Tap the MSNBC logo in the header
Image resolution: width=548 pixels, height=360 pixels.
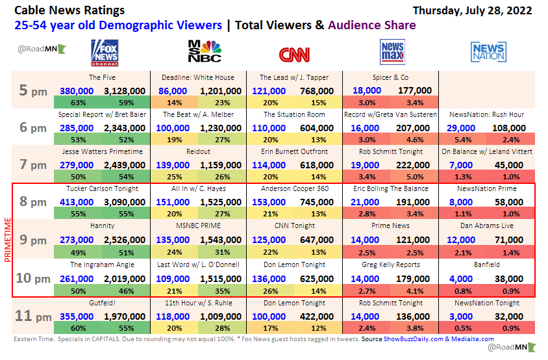pos(204,53)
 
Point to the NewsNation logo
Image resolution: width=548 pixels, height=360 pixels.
pos(488,52)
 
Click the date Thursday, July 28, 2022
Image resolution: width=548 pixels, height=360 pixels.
pos(472,10)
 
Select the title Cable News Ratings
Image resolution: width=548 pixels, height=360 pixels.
pos(69,10)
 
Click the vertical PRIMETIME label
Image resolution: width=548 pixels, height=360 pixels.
pos(8,240)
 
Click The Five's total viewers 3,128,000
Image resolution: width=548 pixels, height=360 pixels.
pos(124,91)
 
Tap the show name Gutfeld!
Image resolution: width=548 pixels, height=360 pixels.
pos(102,303)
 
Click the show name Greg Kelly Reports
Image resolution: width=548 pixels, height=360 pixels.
pos(392,264)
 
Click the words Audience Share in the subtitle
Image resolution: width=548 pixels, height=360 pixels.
pos(371,25)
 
